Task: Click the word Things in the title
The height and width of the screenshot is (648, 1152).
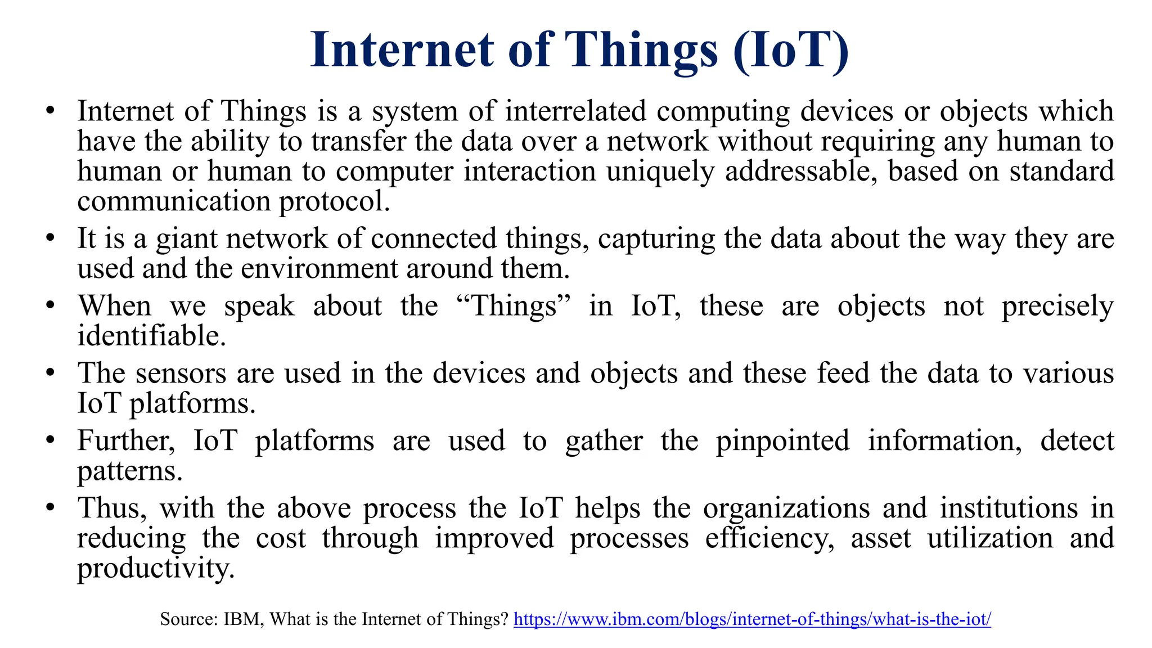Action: (641, 51)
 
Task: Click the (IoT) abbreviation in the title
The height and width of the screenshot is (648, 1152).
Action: (791, 51)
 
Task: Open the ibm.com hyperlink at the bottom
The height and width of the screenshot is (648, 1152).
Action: (752, 619)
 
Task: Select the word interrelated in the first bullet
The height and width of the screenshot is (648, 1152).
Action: (575, 111)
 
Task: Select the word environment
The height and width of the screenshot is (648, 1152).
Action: (319, 268)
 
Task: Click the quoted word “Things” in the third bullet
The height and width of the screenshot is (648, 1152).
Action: (514, 307)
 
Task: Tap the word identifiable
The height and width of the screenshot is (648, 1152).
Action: (151, 336)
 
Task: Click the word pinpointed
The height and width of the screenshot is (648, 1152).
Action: (782, 441)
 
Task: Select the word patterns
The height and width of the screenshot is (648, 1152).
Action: (129, 471)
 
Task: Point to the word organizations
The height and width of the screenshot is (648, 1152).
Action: (786, 508)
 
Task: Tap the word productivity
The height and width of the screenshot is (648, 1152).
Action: (155, 569)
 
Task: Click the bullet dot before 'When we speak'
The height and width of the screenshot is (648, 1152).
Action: (50, 307)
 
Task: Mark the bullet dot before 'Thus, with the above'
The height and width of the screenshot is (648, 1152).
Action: (50, 508)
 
